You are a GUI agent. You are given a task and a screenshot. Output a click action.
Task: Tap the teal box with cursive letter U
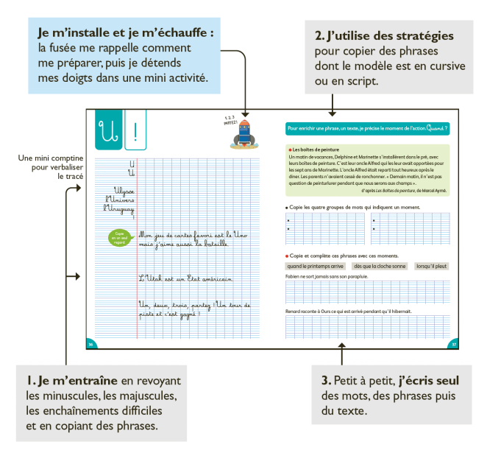pos(107,133)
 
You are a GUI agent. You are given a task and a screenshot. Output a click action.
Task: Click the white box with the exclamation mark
pos(135,133)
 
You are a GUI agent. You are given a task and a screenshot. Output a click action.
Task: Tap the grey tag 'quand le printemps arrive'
pos(316,266)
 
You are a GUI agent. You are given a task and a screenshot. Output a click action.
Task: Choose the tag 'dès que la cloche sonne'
pos(380,266)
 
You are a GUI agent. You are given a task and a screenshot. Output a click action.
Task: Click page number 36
pos(90,344)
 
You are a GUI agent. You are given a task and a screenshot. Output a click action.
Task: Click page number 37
pos(454,344)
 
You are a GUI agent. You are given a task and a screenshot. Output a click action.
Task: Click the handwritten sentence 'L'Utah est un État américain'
pos(185,278)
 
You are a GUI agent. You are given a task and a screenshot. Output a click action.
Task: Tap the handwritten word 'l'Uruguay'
pos(120,208)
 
